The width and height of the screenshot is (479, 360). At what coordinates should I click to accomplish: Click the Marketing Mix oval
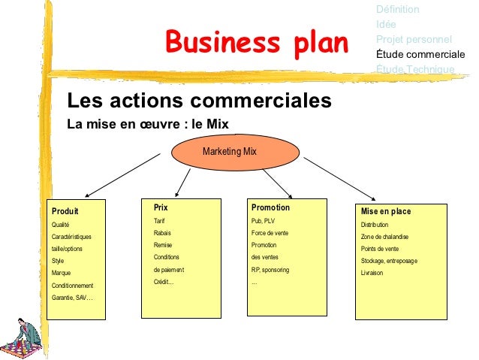229,152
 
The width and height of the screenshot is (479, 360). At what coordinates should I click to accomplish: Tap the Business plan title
257,43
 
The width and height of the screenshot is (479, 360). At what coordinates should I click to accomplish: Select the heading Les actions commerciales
199,100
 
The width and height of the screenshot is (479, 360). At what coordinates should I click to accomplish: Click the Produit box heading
65,211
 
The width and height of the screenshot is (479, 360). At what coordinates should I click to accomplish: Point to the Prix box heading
161,207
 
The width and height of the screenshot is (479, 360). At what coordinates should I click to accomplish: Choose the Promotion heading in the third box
270,207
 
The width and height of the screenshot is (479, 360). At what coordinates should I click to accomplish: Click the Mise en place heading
386,211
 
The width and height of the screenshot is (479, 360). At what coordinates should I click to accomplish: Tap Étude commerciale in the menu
420,54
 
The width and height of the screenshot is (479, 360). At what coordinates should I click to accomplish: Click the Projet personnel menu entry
414,39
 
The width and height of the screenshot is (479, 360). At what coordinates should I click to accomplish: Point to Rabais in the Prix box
163,233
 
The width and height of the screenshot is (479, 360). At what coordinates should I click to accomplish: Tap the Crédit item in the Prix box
164,282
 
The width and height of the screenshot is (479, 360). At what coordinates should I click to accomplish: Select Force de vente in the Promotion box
270,233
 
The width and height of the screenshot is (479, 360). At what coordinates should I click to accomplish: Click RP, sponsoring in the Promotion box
270,269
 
